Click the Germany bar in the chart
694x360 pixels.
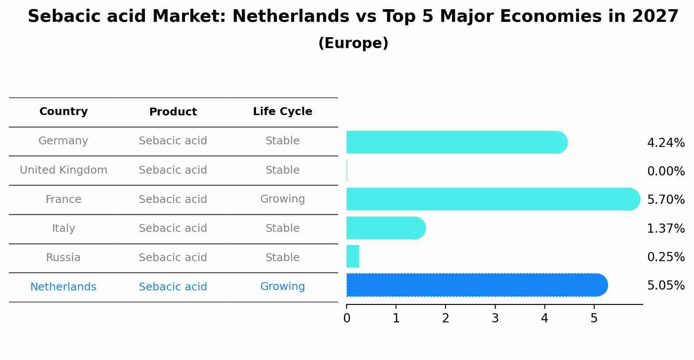(455, 142)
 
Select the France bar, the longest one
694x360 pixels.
(492, 199)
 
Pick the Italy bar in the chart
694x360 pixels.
(385, 228)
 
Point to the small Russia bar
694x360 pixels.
(353, 256)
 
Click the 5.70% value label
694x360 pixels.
(666, 200)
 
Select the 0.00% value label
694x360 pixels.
(666, 171)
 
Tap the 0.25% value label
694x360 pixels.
(666, 257)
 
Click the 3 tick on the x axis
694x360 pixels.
(495, 318)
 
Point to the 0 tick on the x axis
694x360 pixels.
(347, 318)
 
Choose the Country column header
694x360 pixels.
(63, 112)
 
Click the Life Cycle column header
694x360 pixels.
(282, 112)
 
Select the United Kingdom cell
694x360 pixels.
(63, 170)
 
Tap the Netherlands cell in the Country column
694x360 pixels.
(63, 287)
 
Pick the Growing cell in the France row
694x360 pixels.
(282, 199)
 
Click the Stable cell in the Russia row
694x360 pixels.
(282, 258)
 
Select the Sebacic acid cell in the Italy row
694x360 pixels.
(173, 228)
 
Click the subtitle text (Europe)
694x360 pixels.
(353, 43)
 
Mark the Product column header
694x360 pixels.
(173, 112)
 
